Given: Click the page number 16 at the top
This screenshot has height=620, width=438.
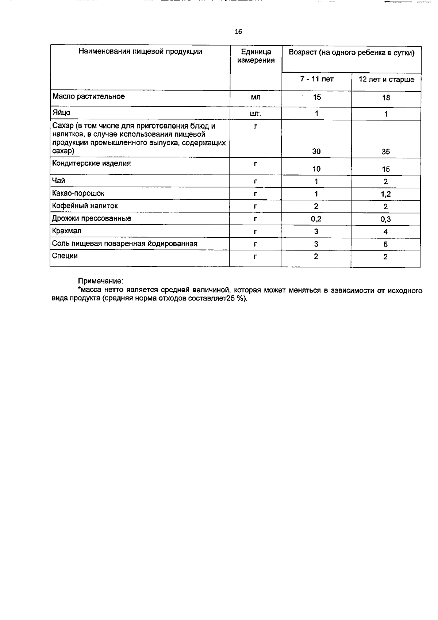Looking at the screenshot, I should click(238, 32).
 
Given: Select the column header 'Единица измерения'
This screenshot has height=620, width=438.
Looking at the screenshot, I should click(256, 56).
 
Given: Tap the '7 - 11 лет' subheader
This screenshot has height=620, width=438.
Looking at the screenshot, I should click(317, 79).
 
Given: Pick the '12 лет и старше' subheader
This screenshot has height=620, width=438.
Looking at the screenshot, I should click(387, 79).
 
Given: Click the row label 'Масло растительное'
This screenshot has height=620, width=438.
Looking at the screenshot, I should click(89, 96).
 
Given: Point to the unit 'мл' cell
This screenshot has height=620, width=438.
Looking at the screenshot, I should click(256, 97).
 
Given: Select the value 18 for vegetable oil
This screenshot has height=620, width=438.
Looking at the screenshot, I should click(386, 97).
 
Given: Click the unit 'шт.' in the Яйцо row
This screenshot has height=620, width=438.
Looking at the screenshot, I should click(255, 114).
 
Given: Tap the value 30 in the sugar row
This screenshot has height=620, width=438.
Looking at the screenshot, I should click(316, 151).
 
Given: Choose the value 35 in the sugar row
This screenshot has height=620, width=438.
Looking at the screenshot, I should click(386, 152).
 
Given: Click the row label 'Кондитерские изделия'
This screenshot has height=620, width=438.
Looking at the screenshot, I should click(92, 163).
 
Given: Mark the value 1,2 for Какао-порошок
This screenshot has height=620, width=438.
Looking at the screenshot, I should click(386, 194).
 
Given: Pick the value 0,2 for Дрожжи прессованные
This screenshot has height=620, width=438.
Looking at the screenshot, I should click(316, 219).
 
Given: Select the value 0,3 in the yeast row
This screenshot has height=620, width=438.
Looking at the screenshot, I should click(386, 219).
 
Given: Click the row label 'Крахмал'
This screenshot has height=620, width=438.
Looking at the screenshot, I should click(67, 231).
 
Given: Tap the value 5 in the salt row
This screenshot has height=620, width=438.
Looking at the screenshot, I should click(386, 244).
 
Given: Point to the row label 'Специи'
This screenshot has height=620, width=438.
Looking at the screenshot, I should click(65, 256).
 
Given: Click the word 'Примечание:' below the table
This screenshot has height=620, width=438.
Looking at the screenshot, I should click(101, 281).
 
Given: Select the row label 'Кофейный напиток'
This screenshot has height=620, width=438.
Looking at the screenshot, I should click(85, 206).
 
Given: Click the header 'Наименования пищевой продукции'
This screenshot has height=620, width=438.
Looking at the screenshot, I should click(141, 51).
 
